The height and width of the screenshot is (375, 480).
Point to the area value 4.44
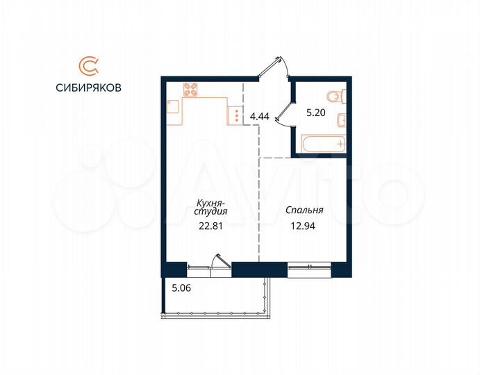point(260,116)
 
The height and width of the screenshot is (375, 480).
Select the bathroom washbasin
point(340,120)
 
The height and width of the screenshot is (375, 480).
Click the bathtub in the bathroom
point(321,144)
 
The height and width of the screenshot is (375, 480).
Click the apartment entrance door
point(272,68)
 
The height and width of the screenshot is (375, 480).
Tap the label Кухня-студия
point(210,208)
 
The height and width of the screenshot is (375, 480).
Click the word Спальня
point(305,210)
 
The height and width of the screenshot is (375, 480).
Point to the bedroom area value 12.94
point(305,224)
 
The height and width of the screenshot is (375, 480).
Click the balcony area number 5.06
point(179,284)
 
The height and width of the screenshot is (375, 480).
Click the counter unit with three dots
point(235,115)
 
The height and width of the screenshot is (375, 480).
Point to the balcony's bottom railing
point(215,314)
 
